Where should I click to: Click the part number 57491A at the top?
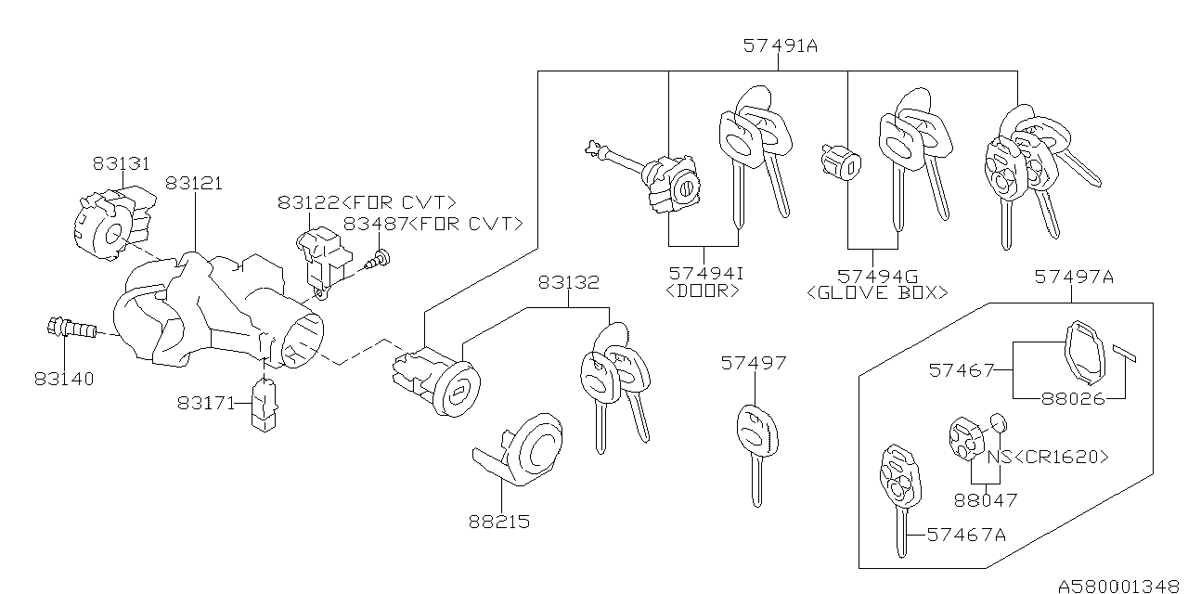pos(781,45)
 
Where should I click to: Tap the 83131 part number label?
pos(121,163)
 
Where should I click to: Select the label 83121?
pos(194,184)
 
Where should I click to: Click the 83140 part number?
pos(65,379)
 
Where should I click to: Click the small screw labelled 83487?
pos(380,257)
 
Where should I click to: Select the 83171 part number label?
pos(206,403)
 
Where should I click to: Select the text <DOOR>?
pos(704,291)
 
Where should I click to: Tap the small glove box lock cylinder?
pos(840,164)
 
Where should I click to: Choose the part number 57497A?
pos(1074,277)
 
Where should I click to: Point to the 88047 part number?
pos(986,500)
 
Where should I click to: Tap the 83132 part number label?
pos(568,282)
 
